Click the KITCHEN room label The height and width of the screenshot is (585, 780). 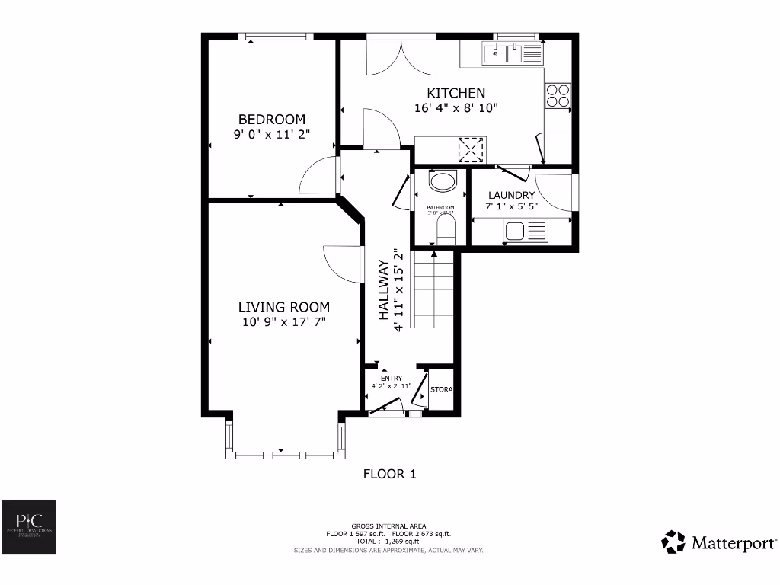pyautogui.click(x=456, y=93)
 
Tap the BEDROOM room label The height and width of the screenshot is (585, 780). pyautogui.click(x=272, y=120)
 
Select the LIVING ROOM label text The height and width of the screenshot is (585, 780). pyautogui.click(x=284, y=307)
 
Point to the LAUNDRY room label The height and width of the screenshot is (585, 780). pyautogui.click(x=511, y=195)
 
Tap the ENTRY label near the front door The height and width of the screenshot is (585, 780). pyautogui.click(x=391, y=379)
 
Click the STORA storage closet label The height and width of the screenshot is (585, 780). pyautogui.click(x=442, y=390)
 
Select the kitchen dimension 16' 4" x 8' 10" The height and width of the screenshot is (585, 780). pyautogui.click(x=456, y=108)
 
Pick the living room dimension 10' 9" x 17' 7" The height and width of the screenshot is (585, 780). pyautogui.click(x=284, y=322)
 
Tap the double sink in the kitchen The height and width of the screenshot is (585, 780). pyautogui.click(x=512, y=53)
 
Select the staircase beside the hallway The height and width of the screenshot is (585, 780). pyautogui.click(x=433, y=291)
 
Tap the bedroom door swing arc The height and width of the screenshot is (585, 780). pyautogui.click(x=316, y=179)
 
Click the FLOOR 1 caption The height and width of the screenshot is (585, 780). pyautogui.click(x=389, y=474)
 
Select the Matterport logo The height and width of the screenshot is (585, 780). pyautogui.click(x=720, y=542)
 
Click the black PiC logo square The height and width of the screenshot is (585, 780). pyautogui.click(x=28, y=526)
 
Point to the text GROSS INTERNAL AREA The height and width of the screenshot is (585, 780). pyautogui.click(x=388, y=526)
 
